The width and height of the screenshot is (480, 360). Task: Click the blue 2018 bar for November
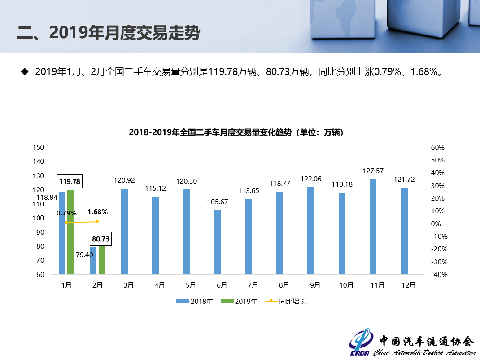(373, 227)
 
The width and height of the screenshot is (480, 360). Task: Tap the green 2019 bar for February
(102, 259)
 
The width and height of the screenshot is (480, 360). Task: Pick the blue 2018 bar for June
(217, 242)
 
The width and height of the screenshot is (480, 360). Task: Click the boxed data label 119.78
(70, 181)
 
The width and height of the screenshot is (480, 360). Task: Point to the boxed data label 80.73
(100, 238)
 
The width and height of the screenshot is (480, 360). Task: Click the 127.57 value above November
(373, 171)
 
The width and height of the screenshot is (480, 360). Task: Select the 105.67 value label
(218, 202)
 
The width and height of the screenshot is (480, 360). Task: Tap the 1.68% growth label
(97, 212)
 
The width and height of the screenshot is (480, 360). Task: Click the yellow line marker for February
(97, 221)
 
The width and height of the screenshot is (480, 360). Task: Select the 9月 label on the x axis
(314, 285)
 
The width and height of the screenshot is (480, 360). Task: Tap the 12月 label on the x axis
(408, 285)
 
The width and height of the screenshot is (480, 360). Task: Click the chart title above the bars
(236, 132)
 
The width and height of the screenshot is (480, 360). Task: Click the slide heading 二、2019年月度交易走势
(108, 32)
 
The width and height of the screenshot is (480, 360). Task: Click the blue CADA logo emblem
(361, 344)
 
